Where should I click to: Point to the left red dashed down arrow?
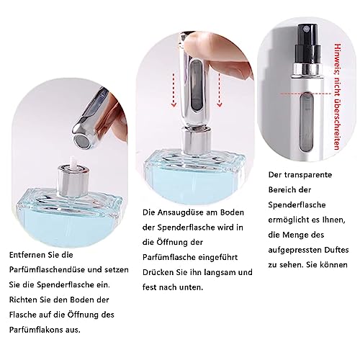(174, 90)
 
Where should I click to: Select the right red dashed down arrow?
(220, 90)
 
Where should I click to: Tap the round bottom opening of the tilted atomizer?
(81, 141)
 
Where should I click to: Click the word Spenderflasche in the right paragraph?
(297, 204)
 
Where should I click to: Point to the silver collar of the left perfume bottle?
(73, 179)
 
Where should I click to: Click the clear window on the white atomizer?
(307, 122)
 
